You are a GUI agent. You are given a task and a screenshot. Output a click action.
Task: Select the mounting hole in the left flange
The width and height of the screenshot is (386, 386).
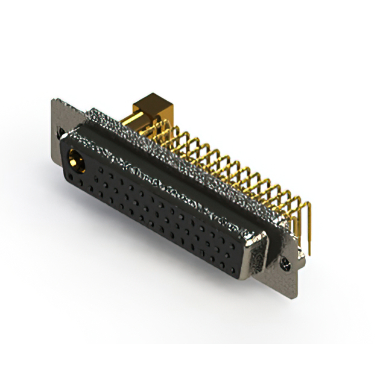click(x=60, y=132)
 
